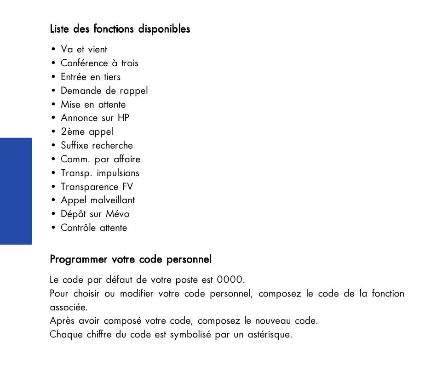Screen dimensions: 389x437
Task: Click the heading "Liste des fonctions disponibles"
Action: tap(120, 29)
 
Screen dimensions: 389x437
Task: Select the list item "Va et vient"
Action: tap(84, 50)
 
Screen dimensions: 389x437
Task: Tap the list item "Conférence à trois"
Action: tap(99, 63)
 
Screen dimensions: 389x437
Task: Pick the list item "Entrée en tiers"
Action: tap(91, 77)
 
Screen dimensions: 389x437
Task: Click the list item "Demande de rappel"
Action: tap(104, 91)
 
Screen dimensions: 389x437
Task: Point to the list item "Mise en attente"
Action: tap(93, 105)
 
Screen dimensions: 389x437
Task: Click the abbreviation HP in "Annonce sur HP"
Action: tap(123, 118)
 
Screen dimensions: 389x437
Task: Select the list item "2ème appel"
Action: tap(87, 132)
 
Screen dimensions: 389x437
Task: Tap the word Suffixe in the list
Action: tap(75, 146)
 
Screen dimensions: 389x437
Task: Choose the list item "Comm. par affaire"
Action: tap(100, 160)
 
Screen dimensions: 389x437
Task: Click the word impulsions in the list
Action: tap(118, 173)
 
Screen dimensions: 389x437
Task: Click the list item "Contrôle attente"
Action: tap(94, 228)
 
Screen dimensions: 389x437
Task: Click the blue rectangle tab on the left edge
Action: tap(16, 191)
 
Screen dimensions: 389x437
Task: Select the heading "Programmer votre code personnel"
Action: tap(131, 259)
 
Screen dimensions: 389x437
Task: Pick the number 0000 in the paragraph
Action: tap(230, 280)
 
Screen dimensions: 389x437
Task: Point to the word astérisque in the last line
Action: tap(270, 334)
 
